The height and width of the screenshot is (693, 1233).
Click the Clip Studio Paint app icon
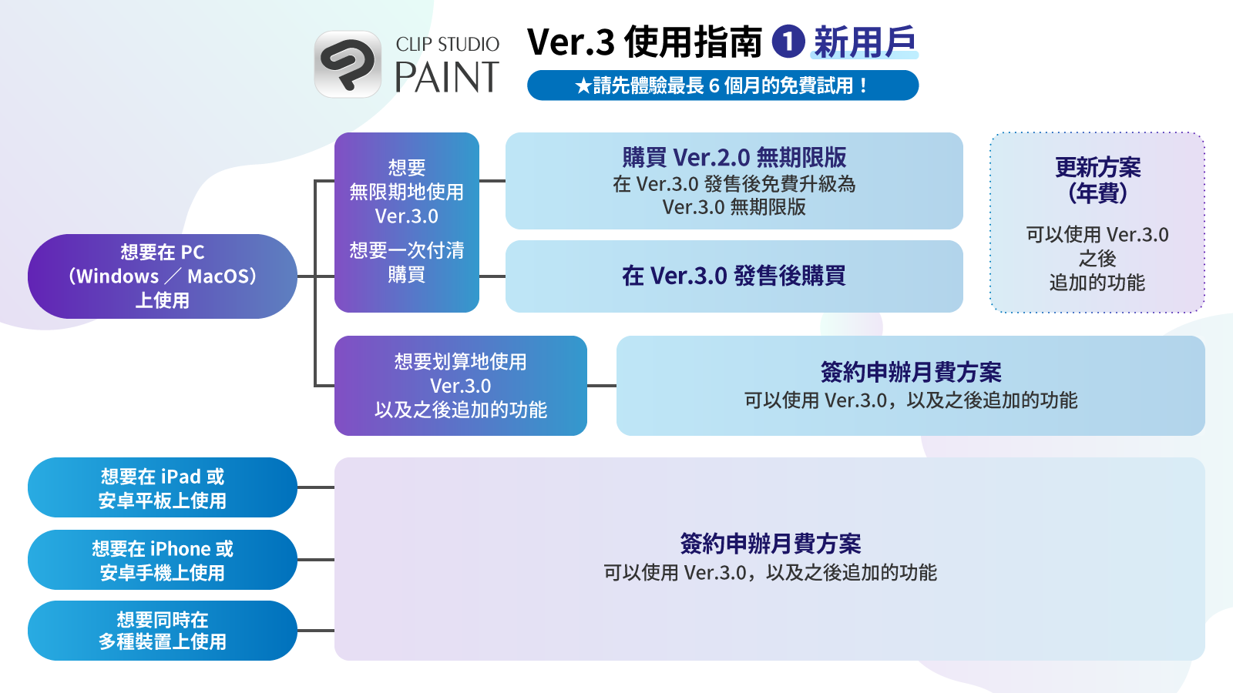pyautogui.click(x=348, y=64)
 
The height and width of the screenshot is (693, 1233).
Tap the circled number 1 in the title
pyautogui.click(x=788, y=42)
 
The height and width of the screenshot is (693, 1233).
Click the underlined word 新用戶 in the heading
pyautogui.click(x=864, y=42)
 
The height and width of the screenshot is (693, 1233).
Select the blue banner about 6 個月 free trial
pyautogui.click(x=723, y=85)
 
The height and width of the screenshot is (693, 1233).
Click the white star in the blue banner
pyautogui.click(x=583, y=85)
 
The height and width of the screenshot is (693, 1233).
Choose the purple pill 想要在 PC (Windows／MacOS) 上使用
pyautogui.click(x=163, y=276)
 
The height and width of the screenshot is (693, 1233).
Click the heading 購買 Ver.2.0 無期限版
pyautogui.click(x=734, y=157)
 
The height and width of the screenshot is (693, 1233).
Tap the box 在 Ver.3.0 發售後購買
pyautogui.click(x=734, y=276)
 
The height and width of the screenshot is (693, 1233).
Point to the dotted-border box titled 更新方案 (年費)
pyautogui.click(x=1097, y=223)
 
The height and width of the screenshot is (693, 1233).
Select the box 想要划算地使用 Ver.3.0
pyautogui.click(x=461, y=386)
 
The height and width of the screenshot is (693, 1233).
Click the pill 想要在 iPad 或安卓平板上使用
pyautogui.click(x=163, y=487)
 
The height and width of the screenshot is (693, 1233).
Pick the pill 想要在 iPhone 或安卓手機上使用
pyautogui.click(x=163, y=560)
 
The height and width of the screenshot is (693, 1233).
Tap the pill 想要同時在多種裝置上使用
pyautogui.click(x=163, y=631)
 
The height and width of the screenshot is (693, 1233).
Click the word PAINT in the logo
pyautogui.click(x=447, y=77)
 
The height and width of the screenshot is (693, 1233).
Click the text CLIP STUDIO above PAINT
pyautogui.click(x=447, y=44)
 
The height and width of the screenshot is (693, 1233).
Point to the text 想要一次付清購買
pyautogui.click(x=407, y=262)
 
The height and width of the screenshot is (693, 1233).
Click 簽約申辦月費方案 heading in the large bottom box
pyautogui.click(x=770, y=544)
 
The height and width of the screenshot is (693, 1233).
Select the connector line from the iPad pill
pyautogui.click(x=316, y=487)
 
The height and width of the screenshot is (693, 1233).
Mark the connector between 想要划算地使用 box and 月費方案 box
pyautogui.click(x=602, y=386)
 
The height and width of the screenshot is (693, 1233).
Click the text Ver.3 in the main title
pyautogui.click(x=570, y=42)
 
